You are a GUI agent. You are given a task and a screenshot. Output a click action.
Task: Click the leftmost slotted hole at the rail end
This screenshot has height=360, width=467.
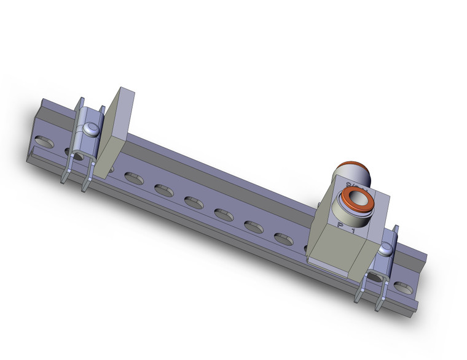(44, 144)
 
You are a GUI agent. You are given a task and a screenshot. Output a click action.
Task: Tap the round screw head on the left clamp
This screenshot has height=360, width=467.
(91, 130)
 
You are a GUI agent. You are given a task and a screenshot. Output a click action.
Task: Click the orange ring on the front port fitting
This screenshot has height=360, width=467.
(357, 200)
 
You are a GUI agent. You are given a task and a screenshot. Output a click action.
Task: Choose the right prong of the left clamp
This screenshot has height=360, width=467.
(87, 179)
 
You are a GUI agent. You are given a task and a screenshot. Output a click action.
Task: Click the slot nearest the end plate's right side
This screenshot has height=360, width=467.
(134, 178)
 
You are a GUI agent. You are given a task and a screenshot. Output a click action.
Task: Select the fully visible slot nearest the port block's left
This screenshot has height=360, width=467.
(283, 239)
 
